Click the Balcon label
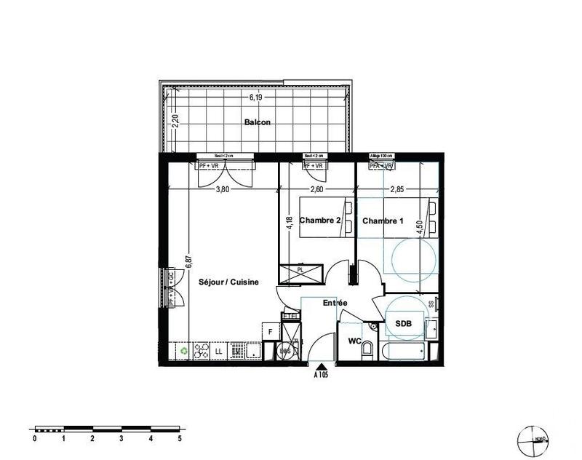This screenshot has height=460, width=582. [258, 122]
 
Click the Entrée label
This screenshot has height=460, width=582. [335, 303]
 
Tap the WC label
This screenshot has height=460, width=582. [354, 341]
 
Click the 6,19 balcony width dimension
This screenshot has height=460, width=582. [255, 96]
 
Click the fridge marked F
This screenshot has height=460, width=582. [271, 332]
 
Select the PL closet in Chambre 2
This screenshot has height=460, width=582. [300, 271]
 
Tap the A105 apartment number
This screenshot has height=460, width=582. [321, 376]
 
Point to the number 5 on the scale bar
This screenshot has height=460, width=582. [179, 439]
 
